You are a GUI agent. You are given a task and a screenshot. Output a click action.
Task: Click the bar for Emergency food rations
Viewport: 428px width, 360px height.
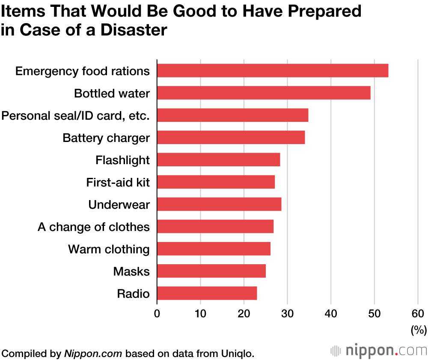[x=273, y=71]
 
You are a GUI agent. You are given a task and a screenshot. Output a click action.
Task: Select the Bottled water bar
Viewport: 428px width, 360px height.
[x=264, y=93]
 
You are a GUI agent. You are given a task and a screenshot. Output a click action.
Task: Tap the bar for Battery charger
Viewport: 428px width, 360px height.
[x=231, y=138]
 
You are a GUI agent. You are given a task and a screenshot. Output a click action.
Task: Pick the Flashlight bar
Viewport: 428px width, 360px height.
[x=218, y=160]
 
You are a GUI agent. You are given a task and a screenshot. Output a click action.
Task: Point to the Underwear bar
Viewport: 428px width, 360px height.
[x=219, y=204]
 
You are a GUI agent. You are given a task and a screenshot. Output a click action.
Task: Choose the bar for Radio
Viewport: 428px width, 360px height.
[x=207, y=293]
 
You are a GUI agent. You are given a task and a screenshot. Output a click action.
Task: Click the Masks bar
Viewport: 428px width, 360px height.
[x=211, y=271]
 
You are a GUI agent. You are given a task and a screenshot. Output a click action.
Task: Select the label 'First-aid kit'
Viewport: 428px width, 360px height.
[x=118, y=183]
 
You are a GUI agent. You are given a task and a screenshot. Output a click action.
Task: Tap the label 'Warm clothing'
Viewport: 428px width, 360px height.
[x=109, y=249]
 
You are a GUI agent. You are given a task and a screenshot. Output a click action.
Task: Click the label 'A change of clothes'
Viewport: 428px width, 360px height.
[x=94, y=227]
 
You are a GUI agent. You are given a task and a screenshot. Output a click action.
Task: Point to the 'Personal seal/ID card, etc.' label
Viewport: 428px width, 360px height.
[x=76, y=115]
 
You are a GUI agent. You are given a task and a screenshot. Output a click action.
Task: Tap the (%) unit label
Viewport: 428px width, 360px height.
[x=419, y=330]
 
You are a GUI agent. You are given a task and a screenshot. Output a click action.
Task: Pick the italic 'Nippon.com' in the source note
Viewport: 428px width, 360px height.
[x=93, y=354]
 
